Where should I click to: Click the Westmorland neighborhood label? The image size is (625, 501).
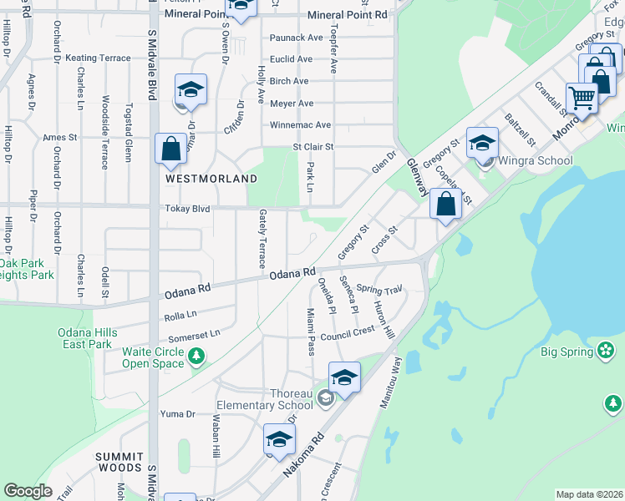pos(211,179)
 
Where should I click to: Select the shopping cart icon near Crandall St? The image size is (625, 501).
pos(582,98)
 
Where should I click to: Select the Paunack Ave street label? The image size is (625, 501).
pos(296,38)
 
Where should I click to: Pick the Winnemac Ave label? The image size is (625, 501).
pos(300,125)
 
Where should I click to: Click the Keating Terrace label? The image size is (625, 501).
pos(98,58)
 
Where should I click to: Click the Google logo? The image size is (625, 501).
pos(28,491)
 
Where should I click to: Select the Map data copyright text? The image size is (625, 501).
pos(589,494)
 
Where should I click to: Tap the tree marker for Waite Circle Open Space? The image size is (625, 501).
pos(196,357)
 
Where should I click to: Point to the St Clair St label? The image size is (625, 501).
pos(312,147)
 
